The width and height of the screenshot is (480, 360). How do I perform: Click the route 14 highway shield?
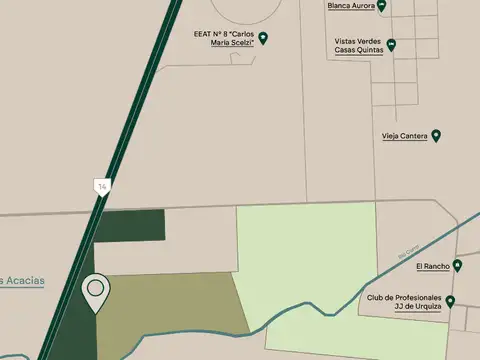pos(101,185)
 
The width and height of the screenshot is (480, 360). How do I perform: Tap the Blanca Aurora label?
pos(350,5)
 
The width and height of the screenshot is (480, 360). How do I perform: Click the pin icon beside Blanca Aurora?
pos(382,6)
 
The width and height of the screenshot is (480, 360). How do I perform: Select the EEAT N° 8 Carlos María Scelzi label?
pos(231,37)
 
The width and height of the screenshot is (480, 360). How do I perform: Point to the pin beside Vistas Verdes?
pos(392,44)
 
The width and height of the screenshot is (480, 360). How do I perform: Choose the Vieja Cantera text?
pos(404,136)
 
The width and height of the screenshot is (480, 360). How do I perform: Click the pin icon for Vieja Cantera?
pos(436,135)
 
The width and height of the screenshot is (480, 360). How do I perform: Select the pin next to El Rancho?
pos(457,266)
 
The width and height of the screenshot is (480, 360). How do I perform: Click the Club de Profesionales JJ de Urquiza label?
pos(407,303)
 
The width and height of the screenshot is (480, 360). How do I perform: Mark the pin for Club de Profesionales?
pos(451,302)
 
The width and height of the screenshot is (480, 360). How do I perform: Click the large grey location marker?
pos(96,291)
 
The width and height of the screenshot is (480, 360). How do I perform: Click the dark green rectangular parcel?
pos(130,226)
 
